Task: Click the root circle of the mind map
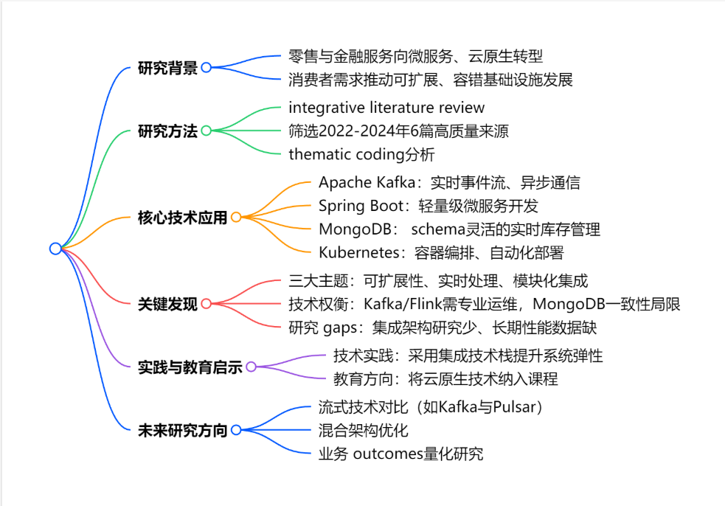click(x=55, y=249)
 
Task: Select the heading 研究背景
click(x=167, y=68)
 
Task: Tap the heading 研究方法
click(x=167, y=131)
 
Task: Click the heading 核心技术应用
click(x=182, y=218)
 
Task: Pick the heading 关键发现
click(x=167, y=304)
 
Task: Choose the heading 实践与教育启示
click(x=190, y=367)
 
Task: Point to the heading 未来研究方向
click(x=182, y=430)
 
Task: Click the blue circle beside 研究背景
click(x=207, y=67)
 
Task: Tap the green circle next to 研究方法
click(x=207, y=131)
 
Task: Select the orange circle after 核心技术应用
click(x=236, y=217)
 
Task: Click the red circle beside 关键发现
click(x=207, y=303)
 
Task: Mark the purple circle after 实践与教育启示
click(x=251, y=367)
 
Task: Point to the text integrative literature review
click(x=386, y=108)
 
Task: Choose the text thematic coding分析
click(x=361, y=155)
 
